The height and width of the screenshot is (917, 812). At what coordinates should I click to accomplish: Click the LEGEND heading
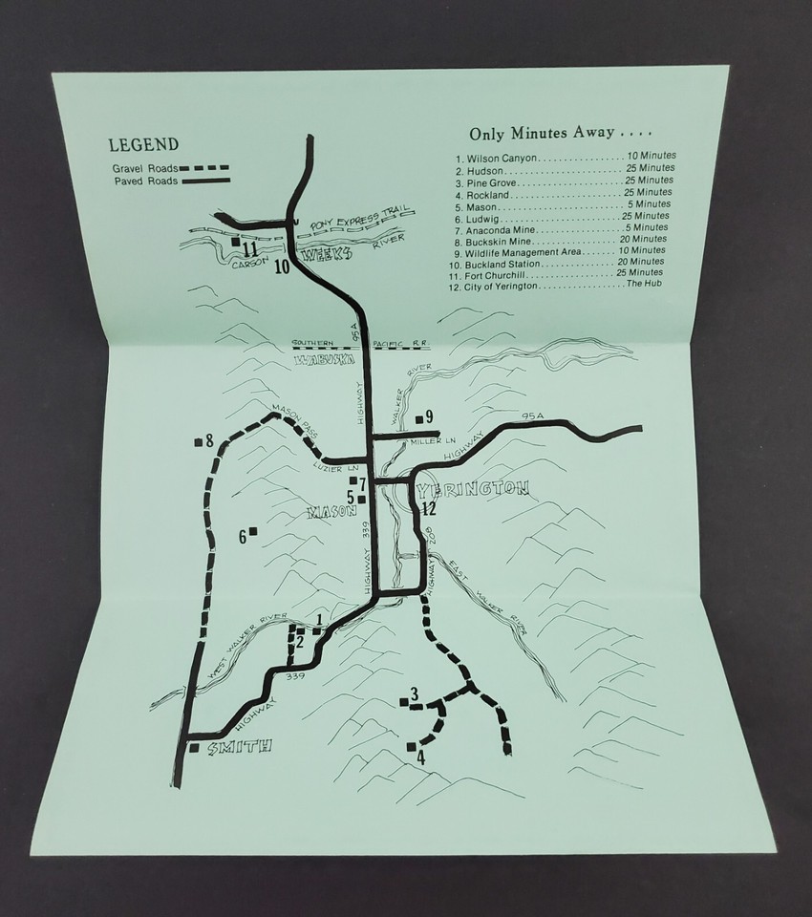143,145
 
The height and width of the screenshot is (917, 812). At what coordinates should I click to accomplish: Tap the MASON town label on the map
325,512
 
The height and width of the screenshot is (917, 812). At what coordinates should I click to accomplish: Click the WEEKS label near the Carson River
323,256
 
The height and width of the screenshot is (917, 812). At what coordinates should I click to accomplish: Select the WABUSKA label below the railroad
324,360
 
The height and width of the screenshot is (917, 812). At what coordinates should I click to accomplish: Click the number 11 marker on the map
251,249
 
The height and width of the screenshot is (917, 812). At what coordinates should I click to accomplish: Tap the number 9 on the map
429,416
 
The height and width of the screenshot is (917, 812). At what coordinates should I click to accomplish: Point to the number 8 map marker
208,440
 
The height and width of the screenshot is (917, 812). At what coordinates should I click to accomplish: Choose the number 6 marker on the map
244,537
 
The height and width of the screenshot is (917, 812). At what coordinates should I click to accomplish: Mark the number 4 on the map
419,758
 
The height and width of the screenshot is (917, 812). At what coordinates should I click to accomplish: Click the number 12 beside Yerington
430,508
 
